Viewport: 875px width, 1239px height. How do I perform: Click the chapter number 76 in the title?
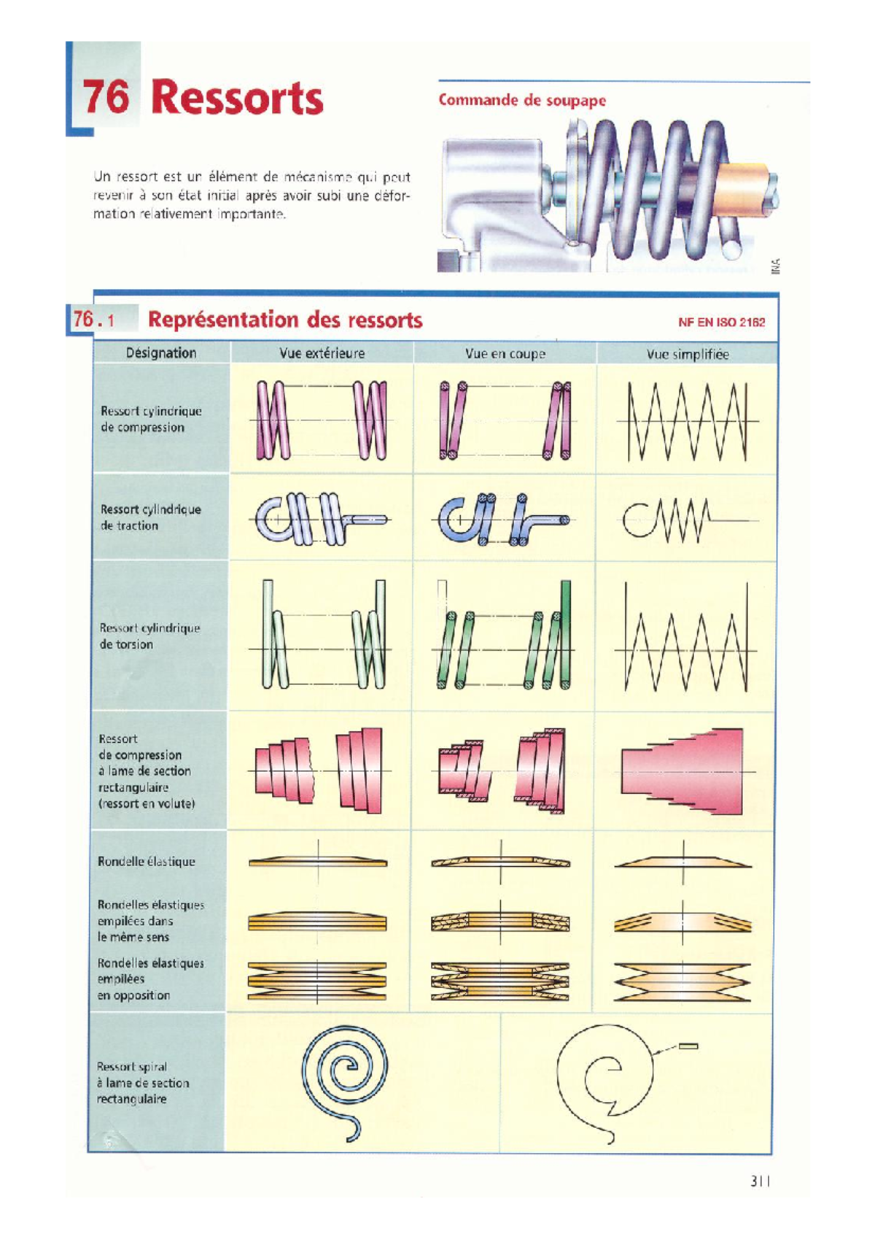(x=106, y=97)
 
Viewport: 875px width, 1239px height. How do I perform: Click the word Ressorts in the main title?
(x=237, y=99)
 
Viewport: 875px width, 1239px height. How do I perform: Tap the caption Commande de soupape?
(x=522, y=101)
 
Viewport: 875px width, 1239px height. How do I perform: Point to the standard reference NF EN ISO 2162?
(x=721, y=322)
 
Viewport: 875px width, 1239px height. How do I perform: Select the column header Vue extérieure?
(x=322, y=354)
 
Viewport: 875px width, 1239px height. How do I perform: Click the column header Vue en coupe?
(x=505, y=354)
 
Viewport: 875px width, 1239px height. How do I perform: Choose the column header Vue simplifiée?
(x=688, y=355)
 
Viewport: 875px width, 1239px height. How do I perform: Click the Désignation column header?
(x=161, y=353)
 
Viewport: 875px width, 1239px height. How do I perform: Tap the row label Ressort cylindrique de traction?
(x=150, y=517)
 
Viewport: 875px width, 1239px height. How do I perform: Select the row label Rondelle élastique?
(x=147, y=862)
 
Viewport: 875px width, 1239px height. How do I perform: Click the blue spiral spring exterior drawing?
(x=344, y=1073)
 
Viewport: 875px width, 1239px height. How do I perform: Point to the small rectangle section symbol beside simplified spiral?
(x=688, y=1046)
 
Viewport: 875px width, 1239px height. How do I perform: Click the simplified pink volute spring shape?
(x=682, y=771)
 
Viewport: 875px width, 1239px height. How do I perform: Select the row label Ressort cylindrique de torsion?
(x=149, y=636)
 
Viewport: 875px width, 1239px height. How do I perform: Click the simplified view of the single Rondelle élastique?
(x=683, y=862)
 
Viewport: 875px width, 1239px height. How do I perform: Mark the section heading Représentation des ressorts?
(x=285, y=320)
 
